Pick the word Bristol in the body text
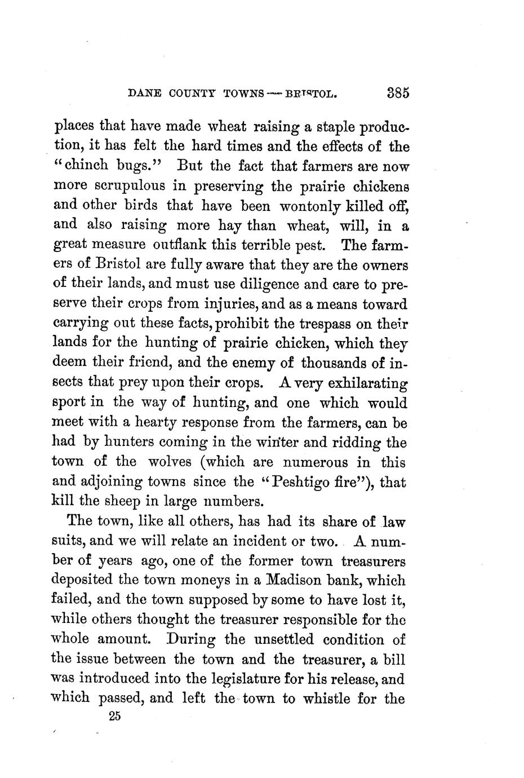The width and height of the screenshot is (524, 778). [109, 265]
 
